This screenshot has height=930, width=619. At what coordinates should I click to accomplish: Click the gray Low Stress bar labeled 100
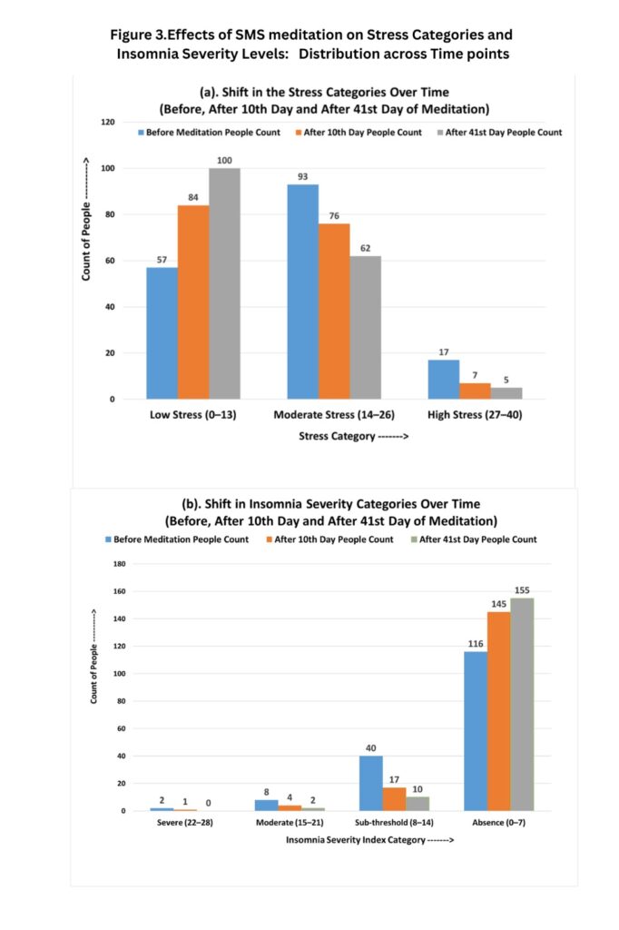pos(224,283)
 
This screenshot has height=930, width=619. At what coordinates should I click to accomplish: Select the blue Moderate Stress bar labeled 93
pos(303,292)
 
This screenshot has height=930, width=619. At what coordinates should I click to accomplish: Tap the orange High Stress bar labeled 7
pos(475,391)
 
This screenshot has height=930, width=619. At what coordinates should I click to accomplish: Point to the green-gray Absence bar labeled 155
pos(522,704)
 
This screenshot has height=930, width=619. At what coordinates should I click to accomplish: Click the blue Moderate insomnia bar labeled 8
pos(266,805)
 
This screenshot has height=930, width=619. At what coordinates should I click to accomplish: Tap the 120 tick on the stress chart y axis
pos(108,122)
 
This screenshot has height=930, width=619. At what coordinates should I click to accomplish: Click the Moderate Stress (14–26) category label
pos(333,415)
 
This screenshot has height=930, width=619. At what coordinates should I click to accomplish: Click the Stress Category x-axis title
pos(354,437)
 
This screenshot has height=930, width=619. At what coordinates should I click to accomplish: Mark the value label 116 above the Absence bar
pos(475,643)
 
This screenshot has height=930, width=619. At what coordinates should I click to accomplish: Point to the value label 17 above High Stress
pos(444,351)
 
